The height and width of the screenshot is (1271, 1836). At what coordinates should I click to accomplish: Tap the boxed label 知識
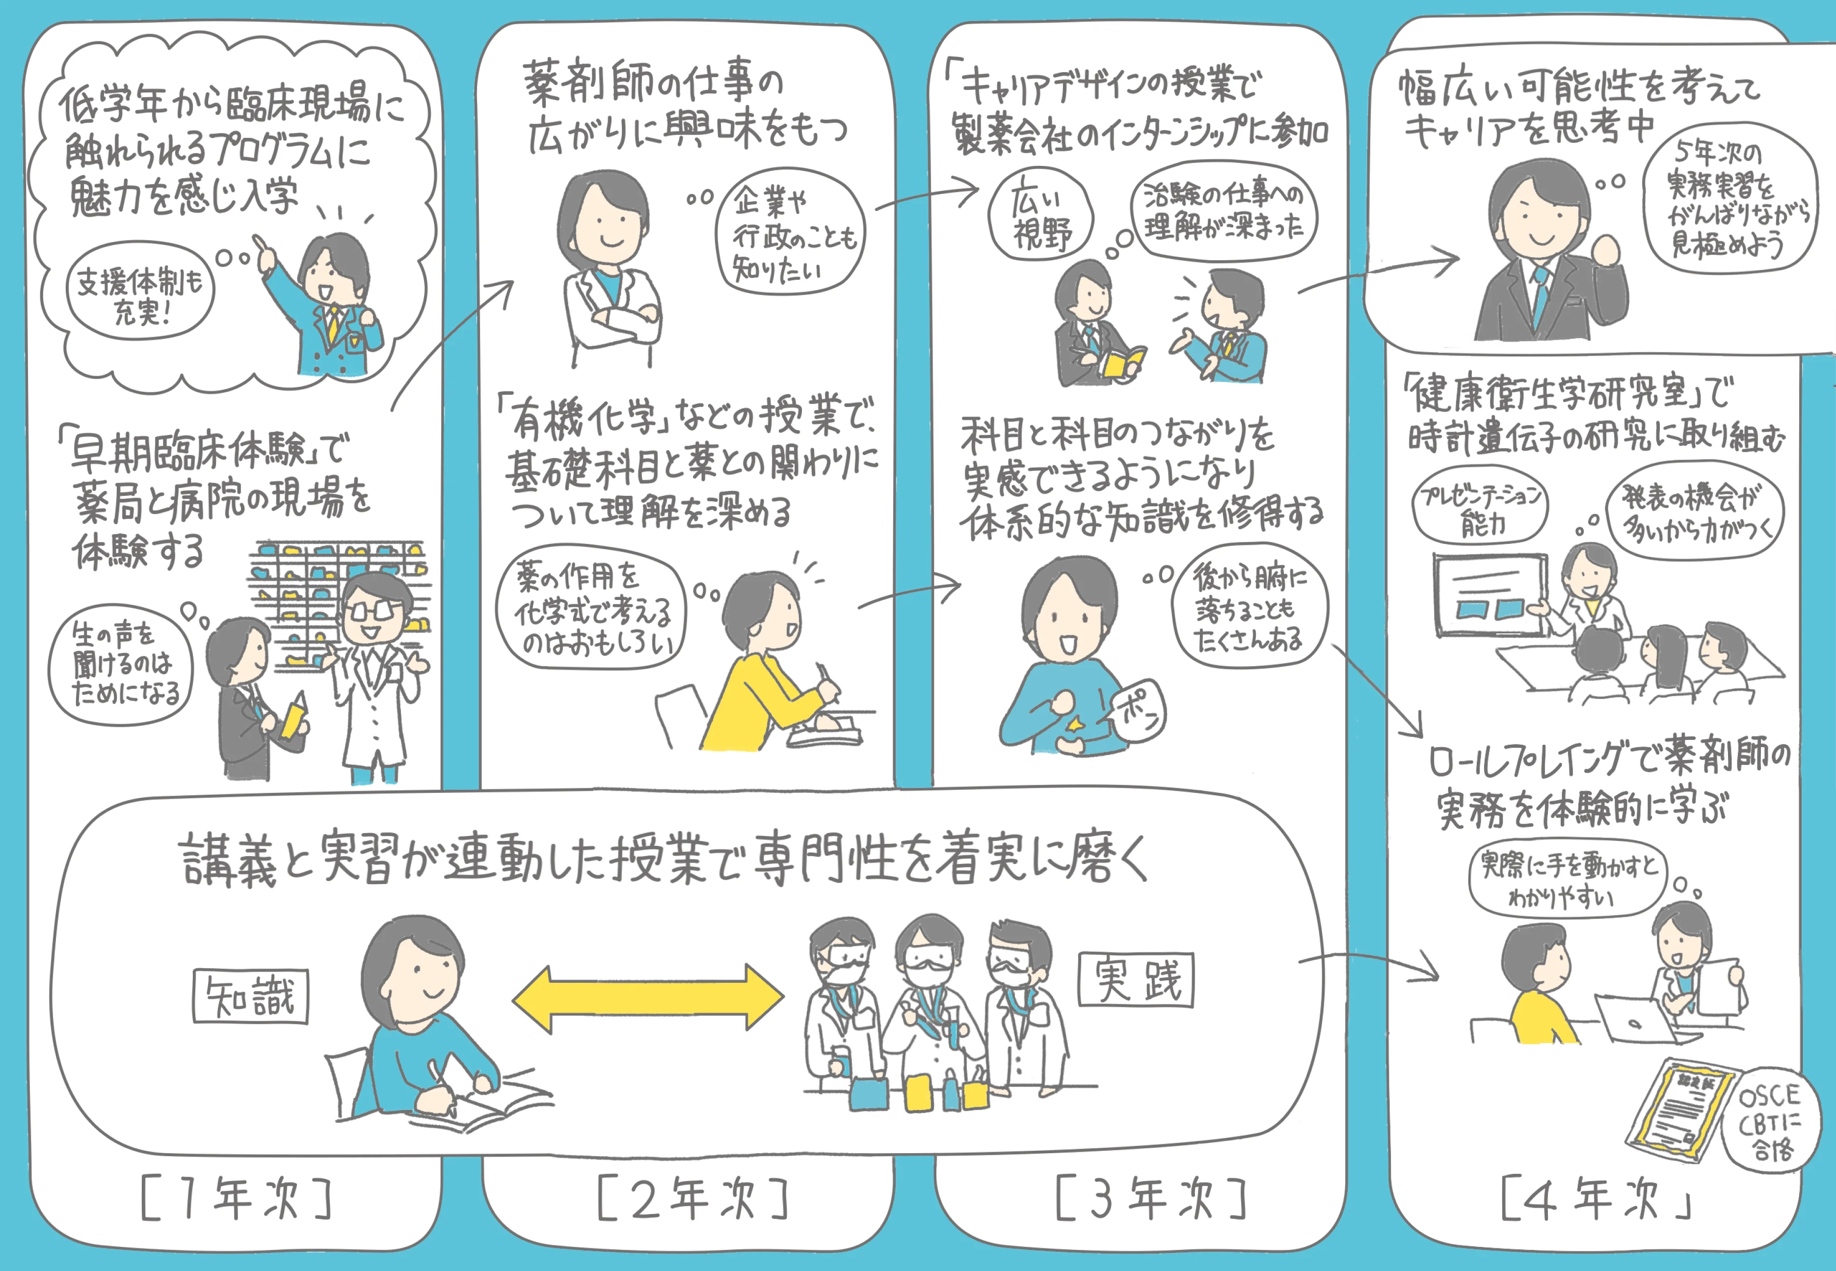[x=250, y=996]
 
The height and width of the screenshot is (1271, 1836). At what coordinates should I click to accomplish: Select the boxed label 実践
[x=1136, y=979]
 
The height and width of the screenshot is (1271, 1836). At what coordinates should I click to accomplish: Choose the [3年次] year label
[x=1150, y=1198]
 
